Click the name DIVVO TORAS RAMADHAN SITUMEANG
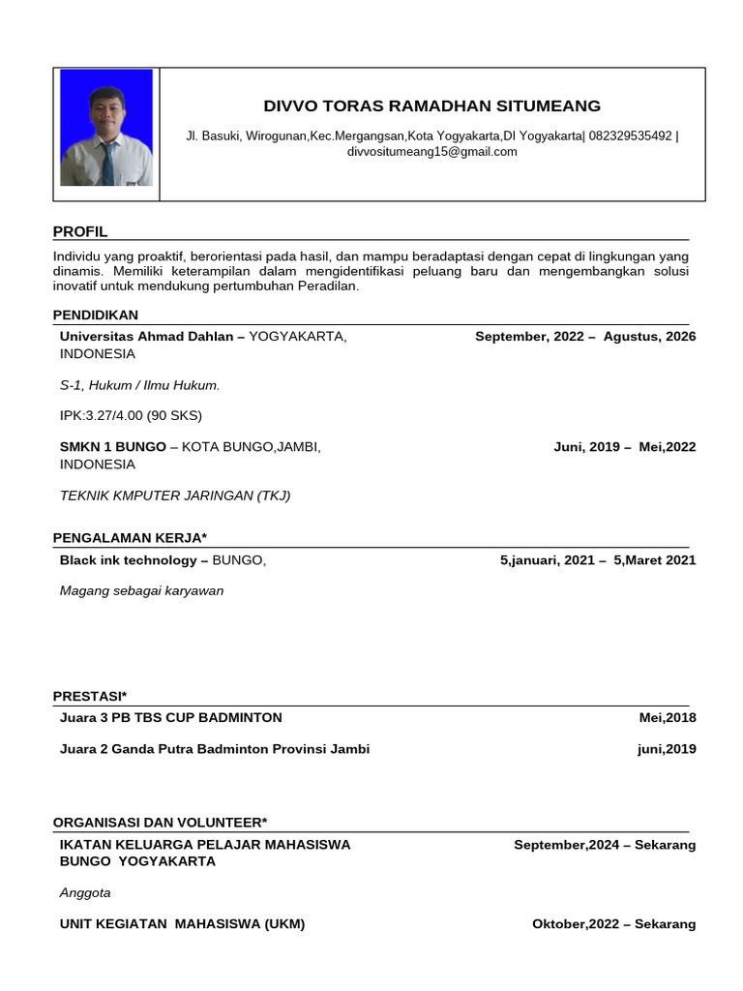[431, 106]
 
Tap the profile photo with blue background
[106, 128]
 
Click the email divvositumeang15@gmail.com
[431, 152]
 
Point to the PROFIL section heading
[80, 232]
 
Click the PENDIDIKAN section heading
[95, 315]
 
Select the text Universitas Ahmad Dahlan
[146, 337]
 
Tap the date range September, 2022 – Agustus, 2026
[584, 337]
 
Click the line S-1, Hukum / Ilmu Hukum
[139, 385]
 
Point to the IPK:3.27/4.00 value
[131, 416]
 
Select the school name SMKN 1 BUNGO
[112, 447]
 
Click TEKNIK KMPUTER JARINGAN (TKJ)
[175, 495]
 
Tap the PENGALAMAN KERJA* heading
[130, 538]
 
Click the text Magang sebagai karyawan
[141, 590]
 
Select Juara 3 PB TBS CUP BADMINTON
[171, 718]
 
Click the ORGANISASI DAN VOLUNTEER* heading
[160, 823]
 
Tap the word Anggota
[85, 892]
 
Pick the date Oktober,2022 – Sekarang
[613, 924]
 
